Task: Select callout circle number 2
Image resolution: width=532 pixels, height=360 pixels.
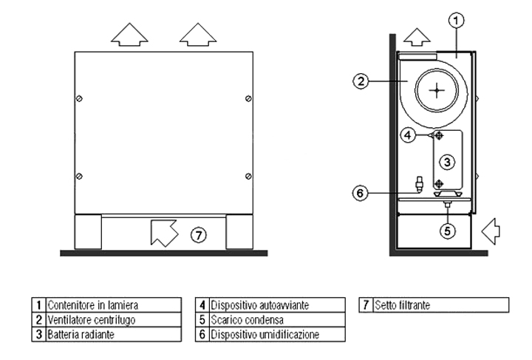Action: (x=360, y=82)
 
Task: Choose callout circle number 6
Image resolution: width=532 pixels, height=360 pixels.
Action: (x=360, y=194)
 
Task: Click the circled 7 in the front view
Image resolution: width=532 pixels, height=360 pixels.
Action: (x=197, y=234)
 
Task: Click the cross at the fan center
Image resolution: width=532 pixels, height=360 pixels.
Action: (x=438, y=89)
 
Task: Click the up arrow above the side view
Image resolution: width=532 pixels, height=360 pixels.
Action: (x=418, y=37)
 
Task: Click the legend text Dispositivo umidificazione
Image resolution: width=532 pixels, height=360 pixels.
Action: (x=265, y=334)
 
